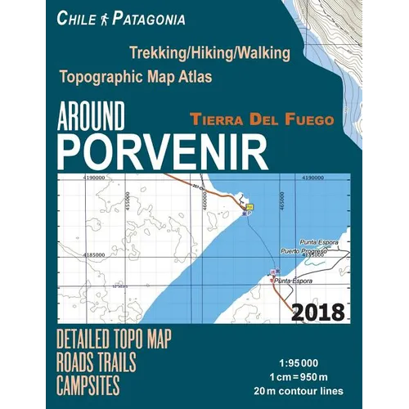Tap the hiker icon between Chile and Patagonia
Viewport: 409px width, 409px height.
(x=107, y=17)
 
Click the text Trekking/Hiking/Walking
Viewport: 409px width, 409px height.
(x=208, y=54)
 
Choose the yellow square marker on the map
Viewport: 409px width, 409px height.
(x=249, y=208)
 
